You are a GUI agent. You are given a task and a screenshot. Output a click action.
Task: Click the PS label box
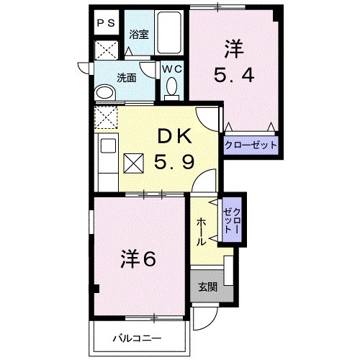click(x=105, y=22)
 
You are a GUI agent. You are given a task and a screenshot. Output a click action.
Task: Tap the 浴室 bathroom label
click(x=138, y=34)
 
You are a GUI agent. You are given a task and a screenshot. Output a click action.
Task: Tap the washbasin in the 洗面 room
click(x=106, y=93)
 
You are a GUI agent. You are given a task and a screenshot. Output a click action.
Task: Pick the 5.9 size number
click(x=173, y=163)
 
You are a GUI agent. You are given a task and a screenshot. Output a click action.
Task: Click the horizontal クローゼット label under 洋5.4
click(x=250, y=145)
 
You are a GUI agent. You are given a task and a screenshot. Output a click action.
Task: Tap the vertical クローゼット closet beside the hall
click(x=230, y=217)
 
